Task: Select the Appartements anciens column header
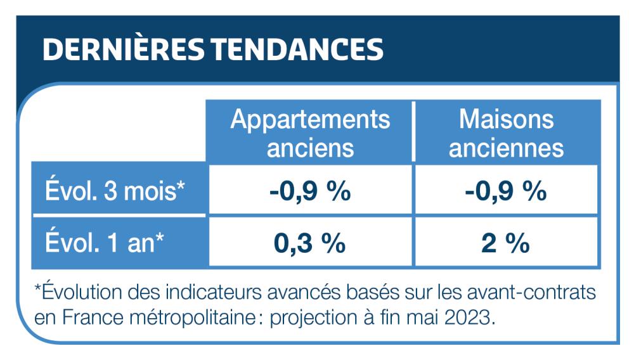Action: pos(310,132)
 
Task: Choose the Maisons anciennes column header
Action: pos(506,132)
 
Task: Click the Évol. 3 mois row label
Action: pos(115,190)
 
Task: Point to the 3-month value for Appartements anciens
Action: pos(310,190)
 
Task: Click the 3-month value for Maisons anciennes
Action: pos(506,190)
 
